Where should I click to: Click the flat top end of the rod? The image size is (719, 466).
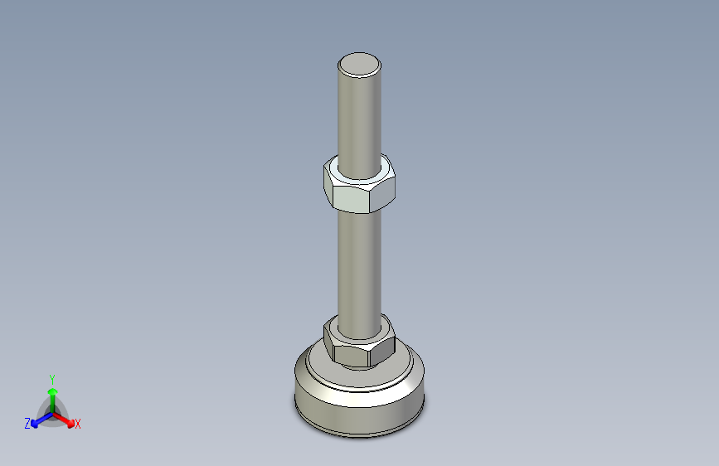pos(360,64)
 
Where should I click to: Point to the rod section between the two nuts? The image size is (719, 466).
pos(360,265)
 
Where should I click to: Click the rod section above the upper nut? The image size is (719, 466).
pos(360,116)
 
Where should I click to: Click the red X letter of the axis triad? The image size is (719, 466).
pos(78,425)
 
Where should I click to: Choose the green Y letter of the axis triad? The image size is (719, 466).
pos(51,378)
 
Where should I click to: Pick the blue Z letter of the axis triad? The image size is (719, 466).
pos(27,424)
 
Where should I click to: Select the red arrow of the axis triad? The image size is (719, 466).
pos(66,419)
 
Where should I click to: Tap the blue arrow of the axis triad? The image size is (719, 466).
pos(38,420)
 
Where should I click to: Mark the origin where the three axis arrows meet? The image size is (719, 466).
pos(51,411)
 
